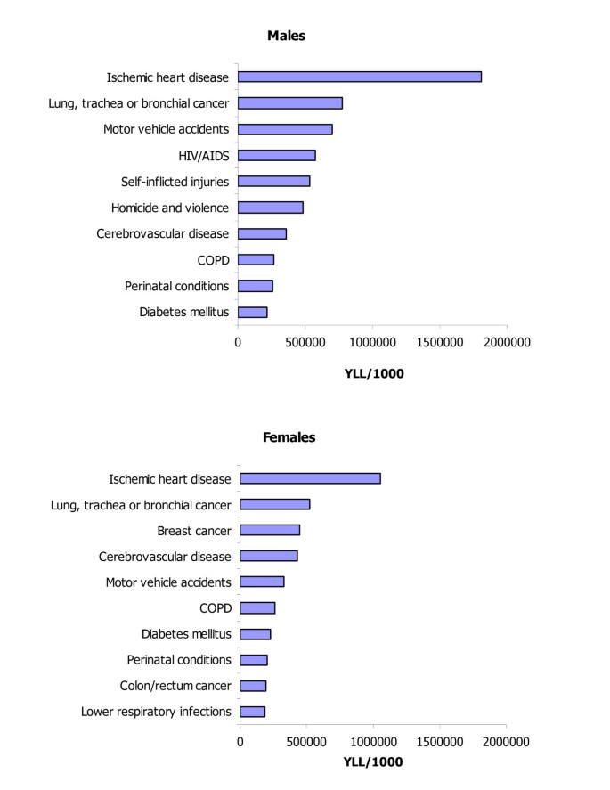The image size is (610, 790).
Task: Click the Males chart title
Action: coord(287,36)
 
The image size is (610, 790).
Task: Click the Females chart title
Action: coord(289,437)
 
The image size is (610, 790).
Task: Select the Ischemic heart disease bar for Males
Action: coord(360,77)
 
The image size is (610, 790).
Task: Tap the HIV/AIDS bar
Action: coord(277,156)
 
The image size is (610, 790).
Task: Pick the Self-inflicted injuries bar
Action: coord(274,182)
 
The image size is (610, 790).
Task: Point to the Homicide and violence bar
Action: coord(271,208)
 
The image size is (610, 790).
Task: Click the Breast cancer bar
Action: coord(270,531)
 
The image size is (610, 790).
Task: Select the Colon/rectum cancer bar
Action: coord(253,686)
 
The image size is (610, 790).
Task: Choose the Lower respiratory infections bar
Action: coord(253,712)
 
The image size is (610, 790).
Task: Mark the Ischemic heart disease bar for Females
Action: coord(311,479)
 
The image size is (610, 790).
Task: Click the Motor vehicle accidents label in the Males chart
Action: coord(166,129)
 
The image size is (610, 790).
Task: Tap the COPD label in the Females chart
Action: coord(215,608)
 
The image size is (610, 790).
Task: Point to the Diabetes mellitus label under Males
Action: coord(184,312)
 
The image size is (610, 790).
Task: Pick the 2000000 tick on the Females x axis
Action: coord(507,742)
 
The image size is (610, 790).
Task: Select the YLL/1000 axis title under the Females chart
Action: coord(373,762)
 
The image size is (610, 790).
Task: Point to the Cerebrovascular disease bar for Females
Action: coord(269,557)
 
